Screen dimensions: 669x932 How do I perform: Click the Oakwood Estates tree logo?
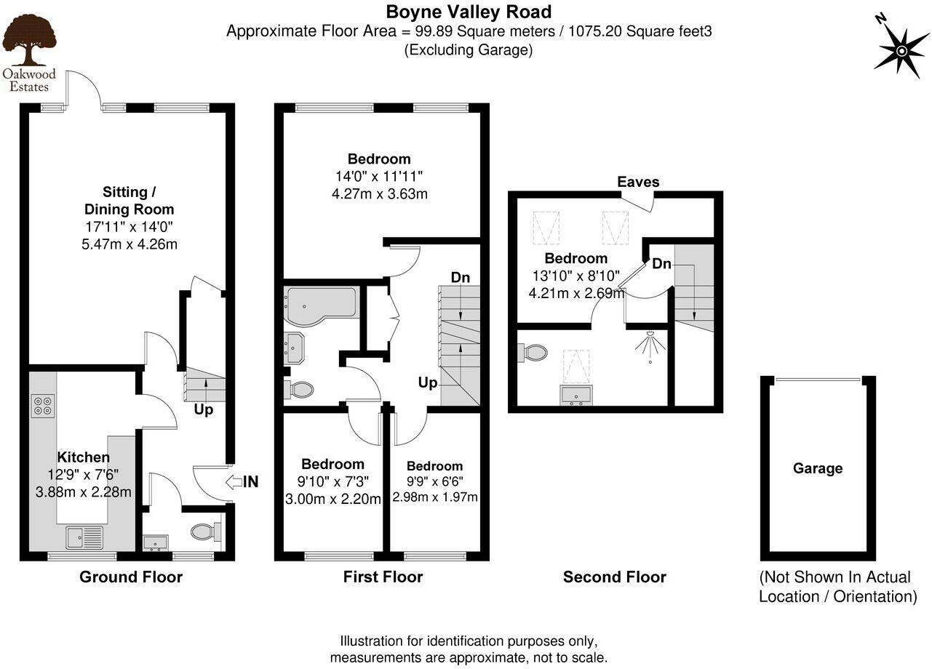click(28, 42)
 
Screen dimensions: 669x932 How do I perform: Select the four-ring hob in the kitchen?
click(42, 405)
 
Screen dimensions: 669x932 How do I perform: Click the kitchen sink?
click(85, 537)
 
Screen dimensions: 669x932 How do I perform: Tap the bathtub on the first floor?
click(321, 304)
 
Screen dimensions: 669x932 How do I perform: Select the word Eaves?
click(638, 182)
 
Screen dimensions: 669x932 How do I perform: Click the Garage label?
click(818, 468)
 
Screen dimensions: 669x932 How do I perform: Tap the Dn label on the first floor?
click(460, 278)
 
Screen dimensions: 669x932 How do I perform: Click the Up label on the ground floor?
click(204, 410)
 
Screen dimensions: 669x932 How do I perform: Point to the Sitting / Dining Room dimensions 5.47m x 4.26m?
click(130, 244)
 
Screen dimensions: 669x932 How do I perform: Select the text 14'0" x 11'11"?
click(378, 177)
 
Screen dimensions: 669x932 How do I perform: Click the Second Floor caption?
click(614, 577)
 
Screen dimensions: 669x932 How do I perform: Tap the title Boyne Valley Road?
click(468, 12)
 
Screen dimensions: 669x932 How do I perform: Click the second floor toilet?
click(535, 353)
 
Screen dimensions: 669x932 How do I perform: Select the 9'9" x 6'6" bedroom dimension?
click(434, 481)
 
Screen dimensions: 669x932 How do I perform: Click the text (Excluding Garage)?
click(468, 50)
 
